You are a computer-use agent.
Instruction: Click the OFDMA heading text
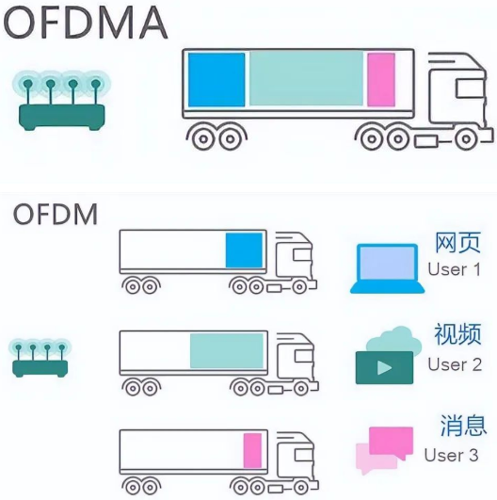click(x=86, y=24)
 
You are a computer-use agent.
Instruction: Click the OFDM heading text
click(x=56, y=215)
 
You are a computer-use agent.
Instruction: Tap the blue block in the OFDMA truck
click(x=216, y=80)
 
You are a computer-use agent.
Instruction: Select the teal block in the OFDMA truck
click(x=306, y=79)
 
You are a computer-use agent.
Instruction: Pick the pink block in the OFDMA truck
click(x=381, y=80)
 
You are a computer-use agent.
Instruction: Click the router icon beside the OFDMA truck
click(x=61, y=101)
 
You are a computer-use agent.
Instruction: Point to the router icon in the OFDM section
click(x=40, y=358)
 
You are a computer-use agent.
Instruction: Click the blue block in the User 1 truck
click(x=244, y=250)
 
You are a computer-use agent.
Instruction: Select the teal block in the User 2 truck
click(x=227, y=351)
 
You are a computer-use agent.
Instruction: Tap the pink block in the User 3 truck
click(x=252, y=451)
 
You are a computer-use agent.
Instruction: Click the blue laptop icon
click(x=387, y=268)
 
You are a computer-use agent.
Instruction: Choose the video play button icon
click(x=384, y=367)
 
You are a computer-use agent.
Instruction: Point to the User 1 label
click(x=455, y=269)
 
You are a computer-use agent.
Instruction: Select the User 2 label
click(x=455, y=364)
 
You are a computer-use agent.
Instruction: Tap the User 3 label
click(x=452, y=455)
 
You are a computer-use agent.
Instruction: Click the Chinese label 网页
click(x=457, y=243)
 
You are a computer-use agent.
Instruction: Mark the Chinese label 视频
click(x=457, y=334)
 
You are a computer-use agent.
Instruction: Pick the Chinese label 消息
click(x=463, y=426)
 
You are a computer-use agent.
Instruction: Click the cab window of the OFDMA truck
click(x=470, y=89)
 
